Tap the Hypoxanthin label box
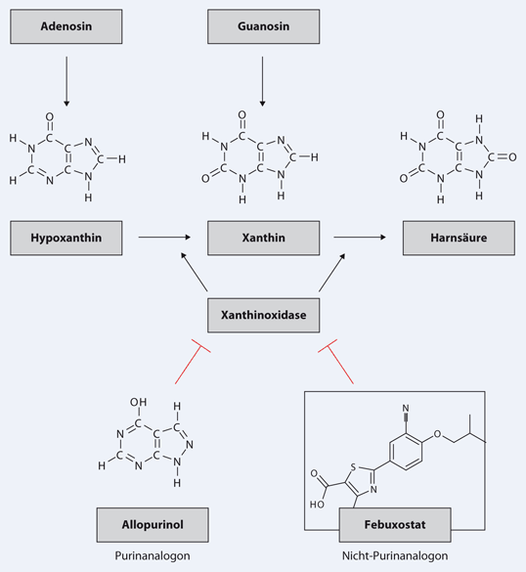66,237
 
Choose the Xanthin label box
263,237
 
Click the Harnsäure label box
459,237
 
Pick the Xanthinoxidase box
263,316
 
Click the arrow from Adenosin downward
66,81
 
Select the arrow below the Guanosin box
263,81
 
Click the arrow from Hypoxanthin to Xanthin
162,237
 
